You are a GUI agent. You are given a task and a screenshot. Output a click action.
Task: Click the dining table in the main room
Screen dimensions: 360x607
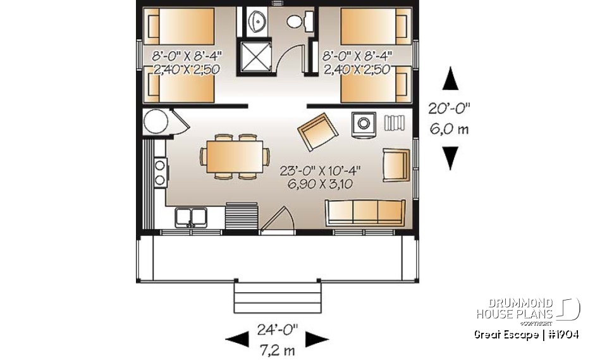tap(233, 156)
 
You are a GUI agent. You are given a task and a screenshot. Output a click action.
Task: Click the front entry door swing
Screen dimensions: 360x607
tap(278, 221)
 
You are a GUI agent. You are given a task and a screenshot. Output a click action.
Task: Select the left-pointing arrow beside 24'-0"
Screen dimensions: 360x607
tap(237, 340)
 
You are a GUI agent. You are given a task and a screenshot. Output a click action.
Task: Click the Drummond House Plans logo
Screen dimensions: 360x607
tap(528, 309)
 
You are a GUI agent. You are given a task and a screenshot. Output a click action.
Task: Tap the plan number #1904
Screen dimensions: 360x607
tap(562, 335)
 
